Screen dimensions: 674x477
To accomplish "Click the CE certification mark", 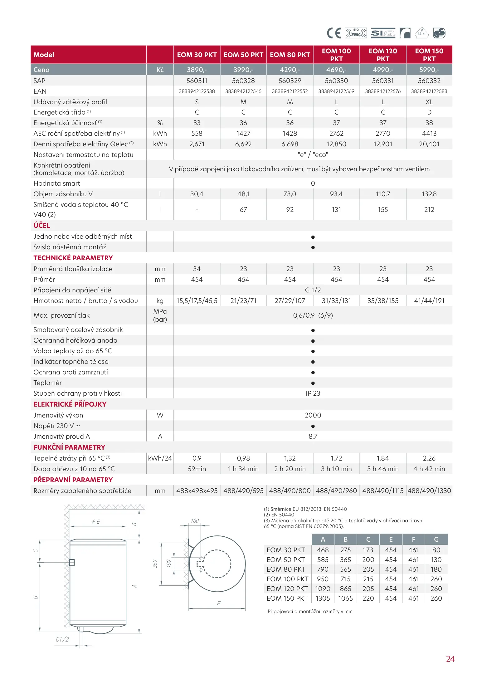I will click(333, 33).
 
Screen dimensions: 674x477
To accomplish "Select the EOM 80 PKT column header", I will click(290, 55).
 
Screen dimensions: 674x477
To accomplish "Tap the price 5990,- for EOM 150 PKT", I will click(429, 70).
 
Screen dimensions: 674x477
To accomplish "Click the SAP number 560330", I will click(336, 81).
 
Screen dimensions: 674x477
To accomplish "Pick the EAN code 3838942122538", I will click(197, 91).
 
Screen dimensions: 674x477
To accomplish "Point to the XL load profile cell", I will click(429, 102).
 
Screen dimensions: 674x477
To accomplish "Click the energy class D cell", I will click(429, 112).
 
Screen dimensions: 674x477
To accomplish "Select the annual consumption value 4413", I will click(429, 134).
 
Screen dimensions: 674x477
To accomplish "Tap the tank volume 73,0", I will click(290, 194).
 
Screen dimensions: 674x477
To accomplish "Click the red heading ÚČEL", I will click(42, 225).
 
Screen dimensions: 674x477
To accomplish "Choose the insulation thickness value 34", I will click(197, 269).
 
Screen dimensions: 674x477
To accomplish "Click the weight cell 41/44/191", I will click(429, 301).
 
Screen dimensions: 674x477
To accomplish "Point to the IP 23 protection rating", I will click(313, 393).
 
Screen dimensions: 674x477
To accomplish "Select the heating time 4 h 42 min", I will click(429, 469).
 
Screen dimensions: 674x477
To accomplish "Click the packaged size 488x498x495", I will click(197, 491).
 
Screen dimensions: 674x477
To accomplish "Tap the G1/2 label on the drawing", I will click(62, 639).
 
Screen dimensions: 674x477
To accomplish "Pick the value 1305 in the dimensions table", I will click(323, 598).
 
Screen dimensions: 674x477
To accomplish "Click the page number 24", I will click(450, 659).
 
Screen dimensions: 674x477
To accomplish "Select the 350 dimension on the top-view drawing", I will click(155, 564).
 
